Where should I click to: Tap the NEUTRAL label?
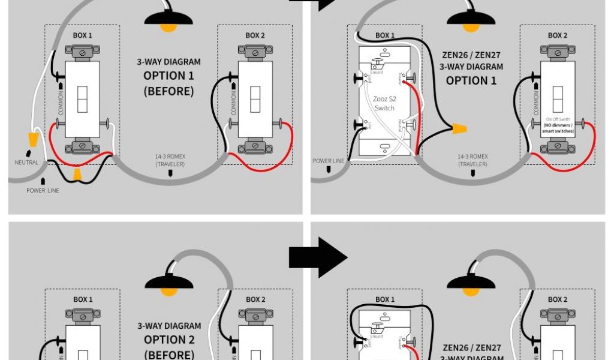coord(26,163)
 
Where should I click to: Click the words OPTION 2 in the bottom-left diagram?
coord(168,340)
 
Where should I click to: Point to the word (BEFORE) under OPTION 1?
coord(168,91)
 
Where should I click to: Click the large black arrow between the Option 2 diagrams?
coord(317,257)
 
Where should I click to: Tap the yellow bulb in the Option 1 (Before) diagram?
coord(168,27)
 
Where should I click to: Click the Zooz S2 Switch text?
coord(384,104)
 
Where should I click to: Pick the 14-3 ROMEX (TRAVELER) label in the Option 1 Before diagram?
coord(170,160)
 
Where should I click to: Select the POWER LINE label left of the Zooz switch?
coord(329,161)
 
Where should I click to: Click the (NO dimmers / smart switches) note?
coord(558,127)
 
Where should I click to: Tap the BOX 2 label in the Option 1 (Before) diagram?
coord(255,35)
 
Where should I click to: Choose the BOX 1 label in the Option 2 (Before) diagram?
coord(83,299)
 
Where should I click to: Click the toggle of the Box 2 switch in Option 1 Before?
coord(255,99)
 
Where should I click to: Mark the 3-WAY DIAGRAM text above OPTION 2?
coord(168,326)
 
